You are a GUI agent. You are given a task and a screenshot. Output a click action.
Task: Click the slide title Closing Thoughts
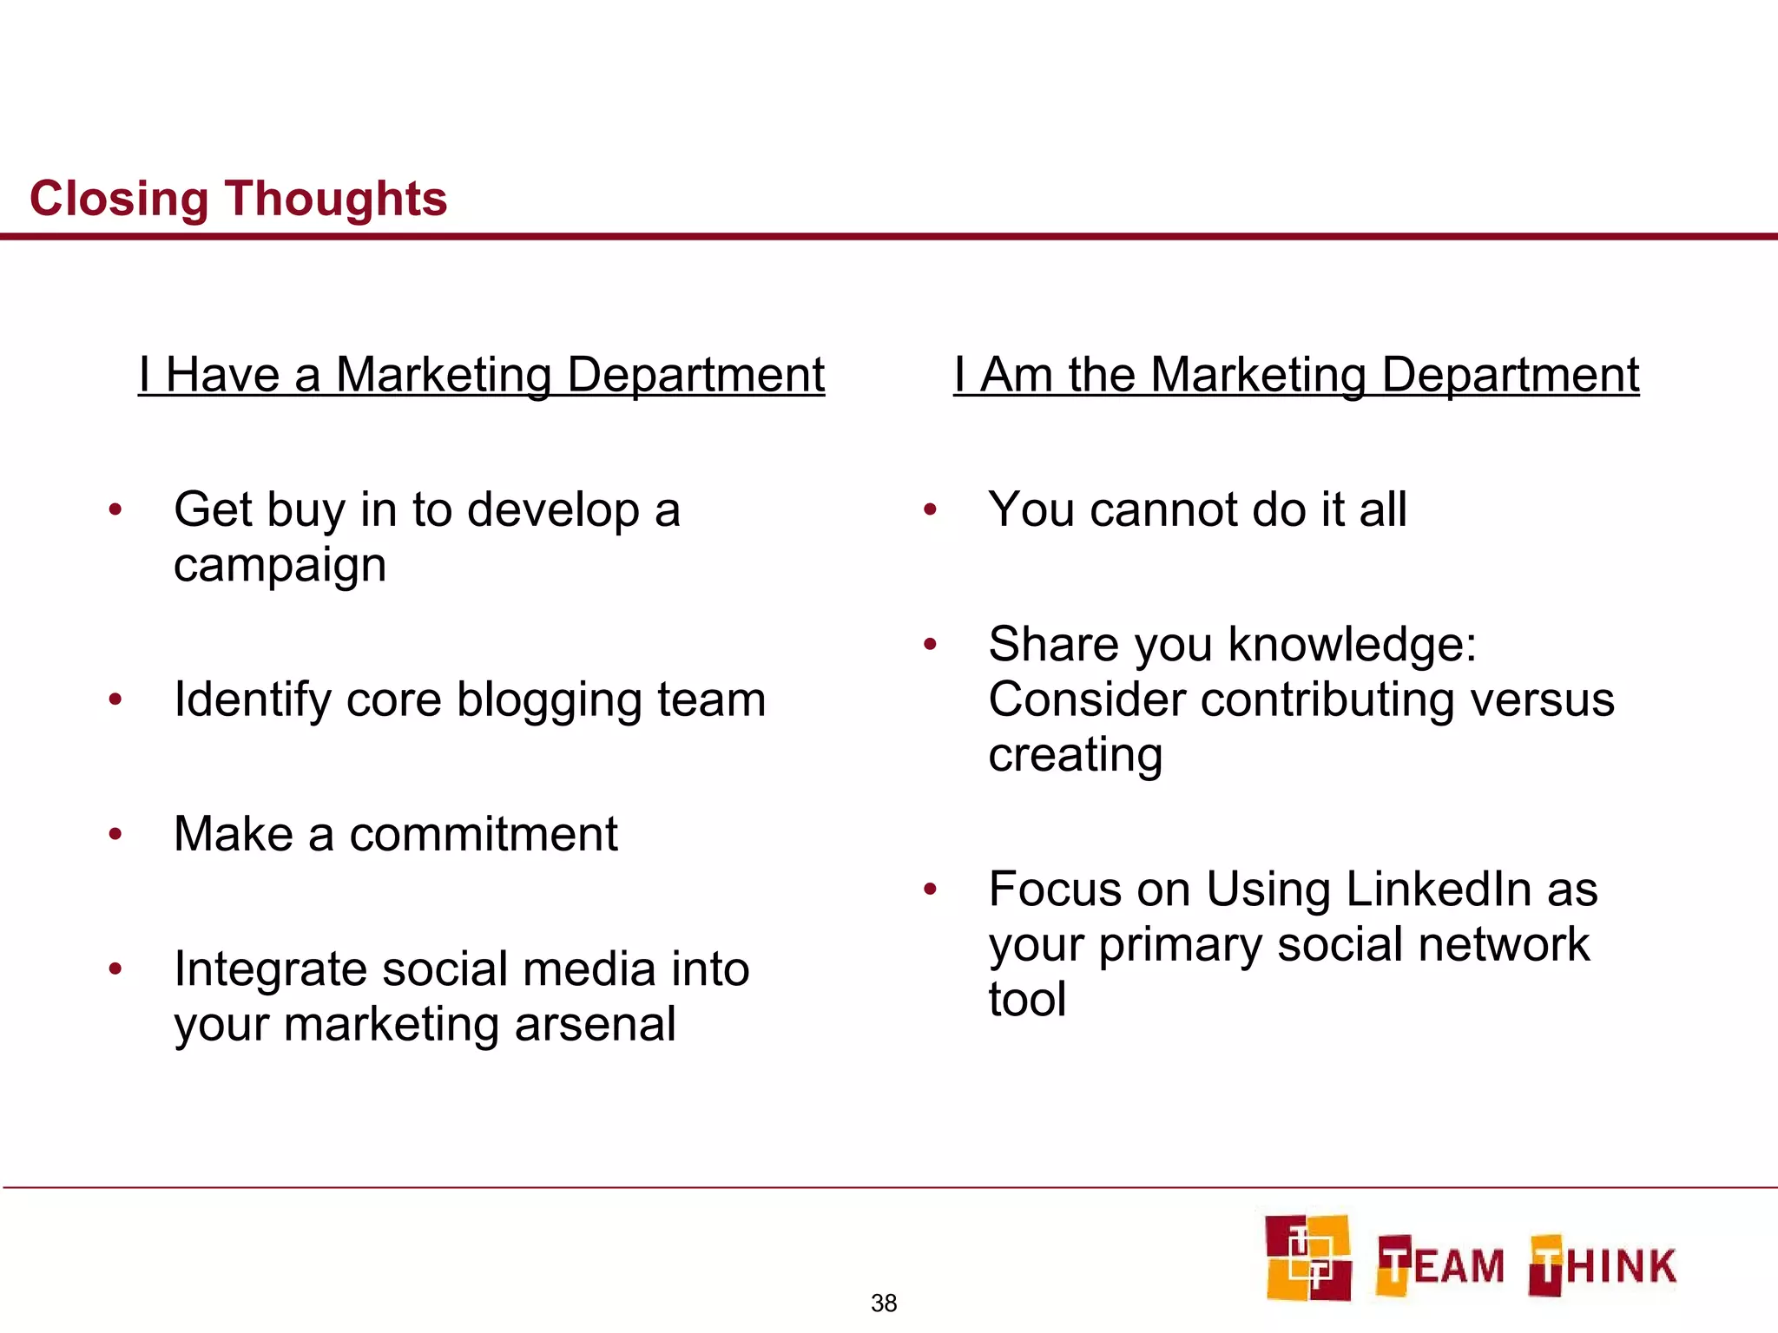[238, 199]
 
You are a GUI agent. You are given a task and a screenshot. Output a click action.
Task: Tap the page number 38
[884, 1303]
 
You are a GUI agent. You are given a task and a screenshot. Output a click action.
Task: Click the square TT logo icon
[1307, 1257]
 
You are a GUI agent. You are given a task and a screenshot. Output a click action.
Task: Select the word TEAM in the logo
[1440, 1265]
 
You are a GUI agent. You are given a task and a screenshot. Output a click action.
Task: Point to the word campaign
[280, 567]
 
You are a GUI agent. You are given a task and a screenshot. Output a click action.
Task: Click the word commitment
[484, 834]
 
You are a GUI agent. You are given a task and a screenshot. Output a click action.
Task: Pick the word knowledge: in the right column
[1353, 645]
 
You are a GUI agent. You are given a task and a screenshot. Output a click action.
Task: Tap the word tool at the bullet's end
[1027, 1000]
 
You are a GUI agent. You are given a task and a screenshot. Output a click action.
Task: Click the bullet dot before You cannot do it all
[930, 509]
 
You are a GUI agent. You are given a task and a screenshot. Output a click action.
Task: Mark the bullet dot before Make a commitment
[115, 835]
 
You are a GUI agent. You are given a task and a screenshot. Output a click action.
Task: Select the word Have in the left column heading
[222, 375]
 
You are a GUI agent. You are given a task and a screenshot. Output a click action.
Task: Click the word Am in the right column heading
[1016, 375]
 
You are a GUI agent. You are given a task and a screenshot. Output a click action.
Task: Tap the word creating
[1075, 755]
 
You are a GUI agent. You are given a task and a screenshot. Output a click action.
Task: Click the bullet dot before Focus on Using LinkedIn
[930, 890]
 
